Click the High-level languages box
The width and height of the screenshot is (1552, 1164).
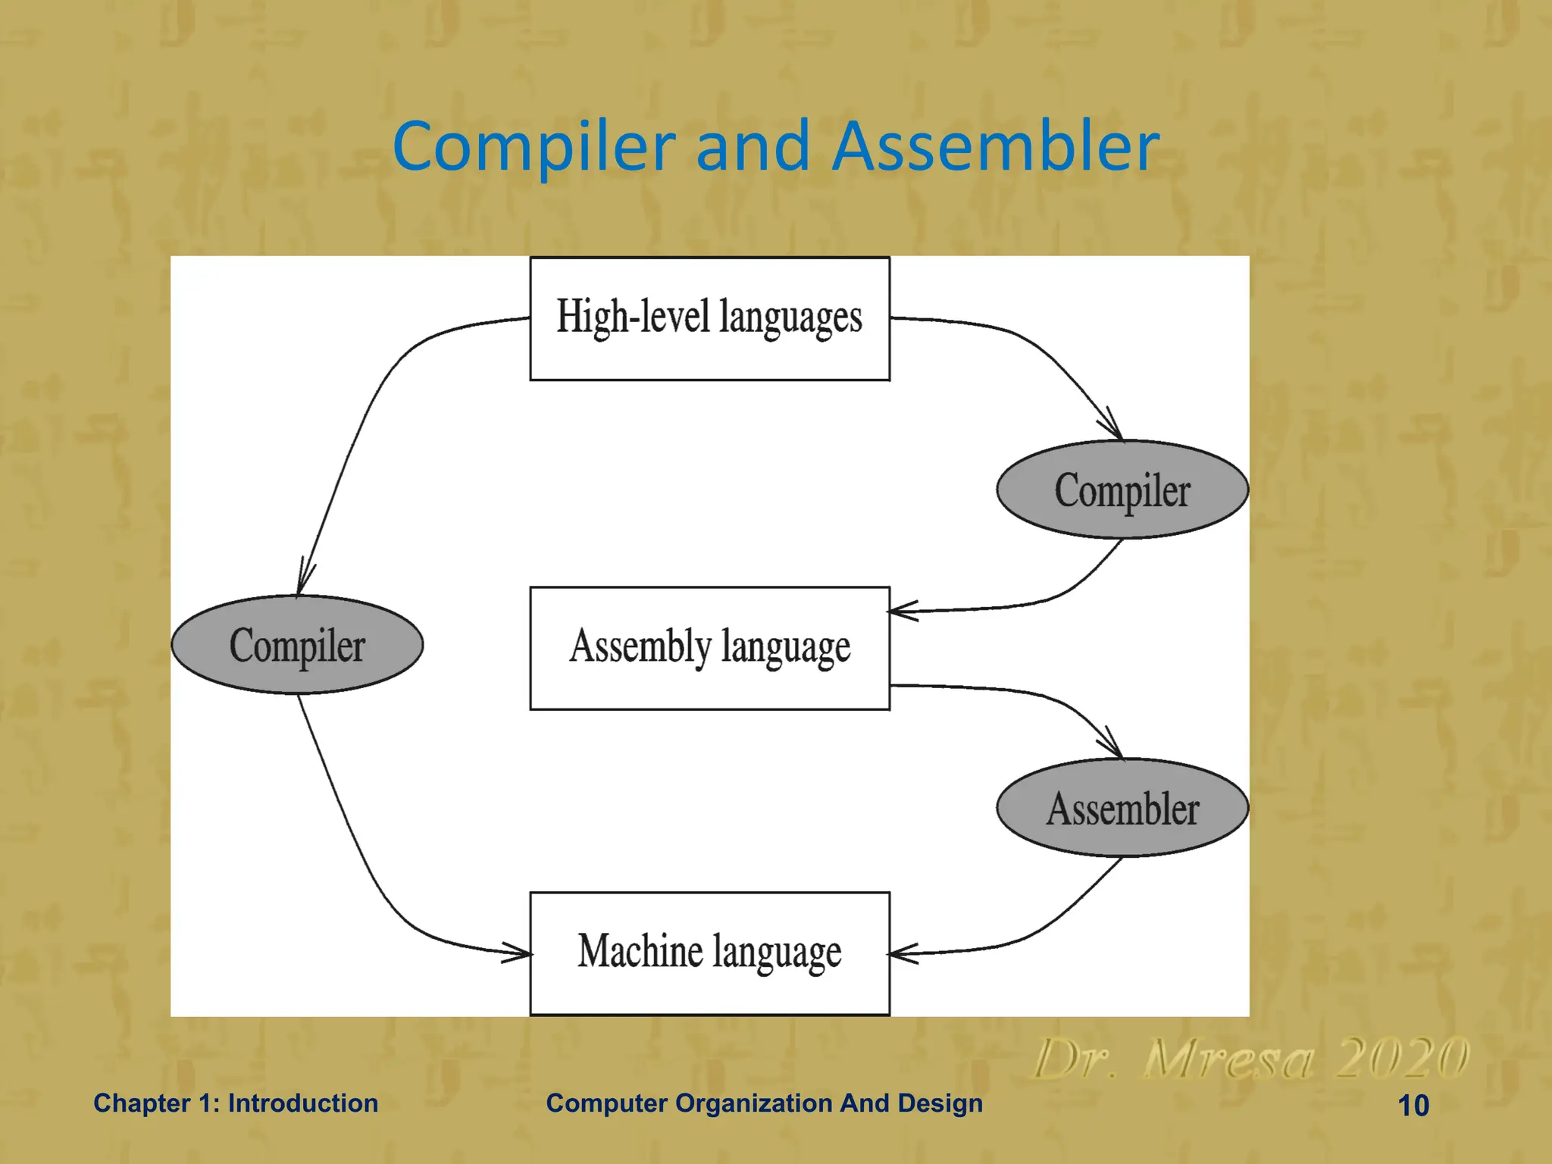point(709,318)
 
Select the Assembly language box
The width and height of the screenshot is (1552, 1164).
point(709,648)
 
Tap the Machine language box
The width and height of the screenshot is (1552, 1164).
point(709,953)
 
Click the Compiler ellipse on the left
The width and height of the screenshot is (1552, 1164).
point(297,645)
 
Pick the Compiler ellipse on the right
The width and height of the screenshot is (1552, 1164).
point(1122,490)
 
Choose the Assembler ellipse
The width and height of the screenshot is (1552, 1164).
point(1122,809)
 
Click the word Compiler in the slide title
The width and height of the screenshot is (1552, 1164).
point(534,146)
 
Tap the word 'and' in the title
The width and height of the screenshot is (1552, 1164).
point(753,146)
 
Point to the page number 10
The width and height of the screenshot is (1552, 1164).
point(1413,1106)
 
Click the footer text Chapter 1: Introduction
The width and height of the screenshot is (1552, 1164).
point(236,1103)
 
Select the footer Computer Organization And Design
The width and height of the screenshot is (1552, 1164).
point(764,1103)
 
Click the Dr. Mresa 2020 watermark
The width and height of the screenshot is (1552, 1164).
point(1250,1059)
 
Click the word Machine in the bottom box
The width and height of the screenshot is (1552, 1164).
point(640,952)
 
